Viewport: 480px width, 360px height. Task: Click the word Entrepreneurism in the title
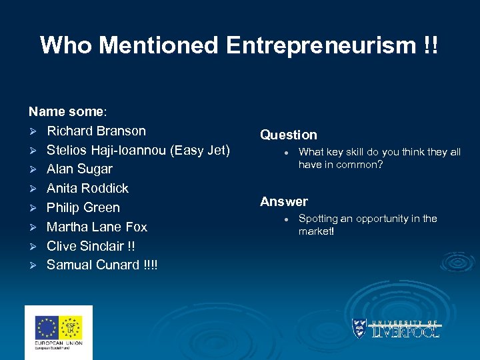tap(321, 45)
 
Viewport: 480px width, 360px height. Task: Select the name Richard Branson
tap(96, 131)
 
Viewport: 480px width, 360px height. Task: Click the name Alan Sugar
tap(79, 169)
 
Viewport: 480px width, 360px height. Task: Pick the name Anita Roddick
tap(87, 189)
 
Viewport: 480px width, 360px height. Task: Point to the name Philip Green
tap(83, 208)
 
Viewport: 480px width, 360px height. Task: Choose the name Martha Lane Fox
tap(97, 227)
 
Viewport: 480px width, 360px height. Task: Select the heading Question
tap(289, 135)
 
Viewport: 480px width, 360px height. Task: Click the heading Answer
tap(284, 201)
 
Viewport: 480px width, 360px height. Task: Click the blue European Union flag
tap(47, 327)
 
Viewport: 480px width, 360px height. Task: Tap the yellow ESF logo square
tap(71, 327)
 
